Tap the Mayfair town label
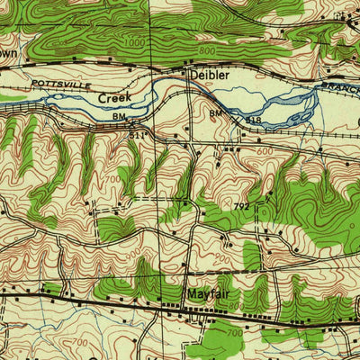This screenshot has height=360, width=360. click(x=210, y=294)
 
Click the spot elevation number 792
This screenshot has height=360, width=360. click(x=241, y=206)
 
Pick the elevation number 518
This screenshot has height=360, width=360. click(x=255, y=119)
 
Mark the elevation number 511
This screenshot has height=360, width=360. click(x=137, y=134)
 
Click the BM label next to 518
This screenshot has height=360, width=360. click(x=215, y=113)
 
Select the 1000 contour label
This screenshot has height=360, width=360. click(x=134, y=41)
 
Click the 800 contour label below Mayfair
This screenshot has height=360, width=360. click(x=236, y=307)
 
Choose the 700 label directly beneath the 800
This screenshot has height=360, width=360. click(x=236, y=334)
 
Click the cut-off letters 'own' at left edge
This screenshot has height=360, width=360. click(x=8, y=54)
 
